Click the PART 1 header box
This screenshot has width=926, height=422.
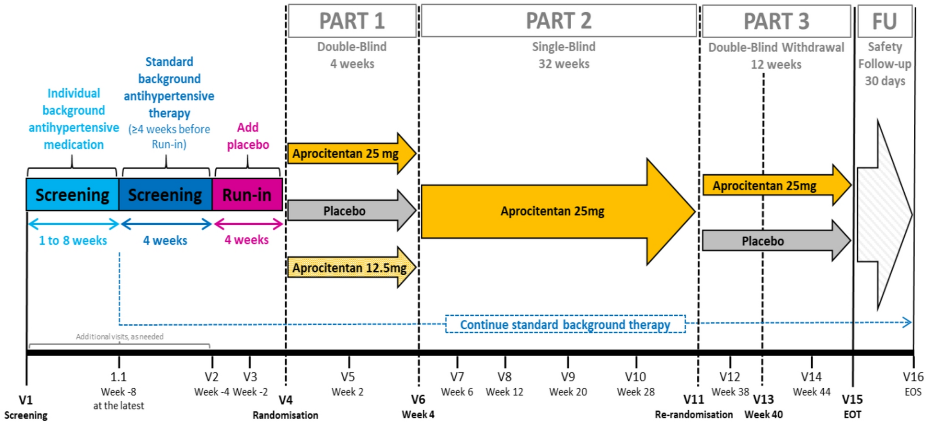click(352, 21)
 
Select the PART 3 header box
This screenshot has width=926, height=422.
click(776, 21)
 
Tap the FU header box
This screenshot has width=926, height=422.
click(885, 21)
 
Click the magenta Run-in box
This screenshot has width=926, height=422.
click(247, 195)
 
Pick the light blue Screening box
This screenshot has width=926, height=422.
click(72, 195)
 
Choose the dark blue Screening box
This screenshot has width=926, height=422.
click(165, 195)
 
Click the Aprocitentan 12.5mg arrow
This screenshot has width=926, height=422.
click(350, 268)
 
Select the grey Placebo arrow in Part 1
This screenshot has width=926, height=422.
click(345, 211)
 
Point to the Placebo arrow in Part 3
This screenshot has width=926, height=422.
click(764, 241)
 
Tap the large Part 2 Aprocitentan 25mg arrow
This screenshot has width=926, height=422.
click(552, 211)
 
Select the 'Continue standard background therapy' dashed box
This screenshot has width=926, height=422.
click(565, 324)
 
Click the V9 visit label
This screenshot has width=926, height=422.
click(568, 377)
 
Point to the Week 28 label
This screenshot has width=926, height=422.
click(635, 392)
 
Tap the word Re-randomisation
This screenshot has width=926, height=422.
click(694, 414)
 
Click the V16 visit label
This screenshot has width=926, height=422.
click(913, 377)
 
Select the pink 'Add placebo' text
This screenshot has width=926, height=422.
click(248, 136)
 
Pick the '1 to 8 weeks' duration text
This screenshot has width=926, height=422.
click(73, 240)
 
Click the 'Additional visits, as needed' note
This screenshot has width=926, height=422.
click(119, 336)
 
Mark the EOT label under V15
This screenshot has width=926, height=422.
click(852, 414)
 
